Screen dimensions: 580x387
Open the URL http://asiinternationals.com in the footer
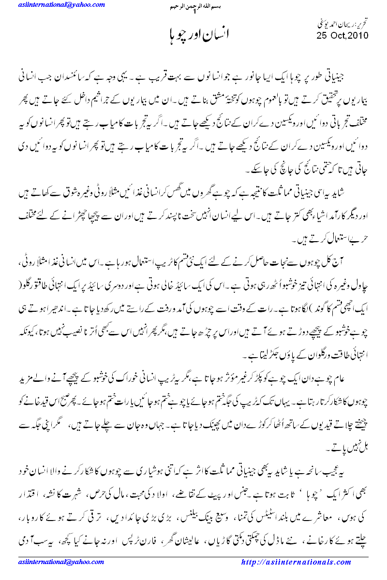point(296,562)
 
